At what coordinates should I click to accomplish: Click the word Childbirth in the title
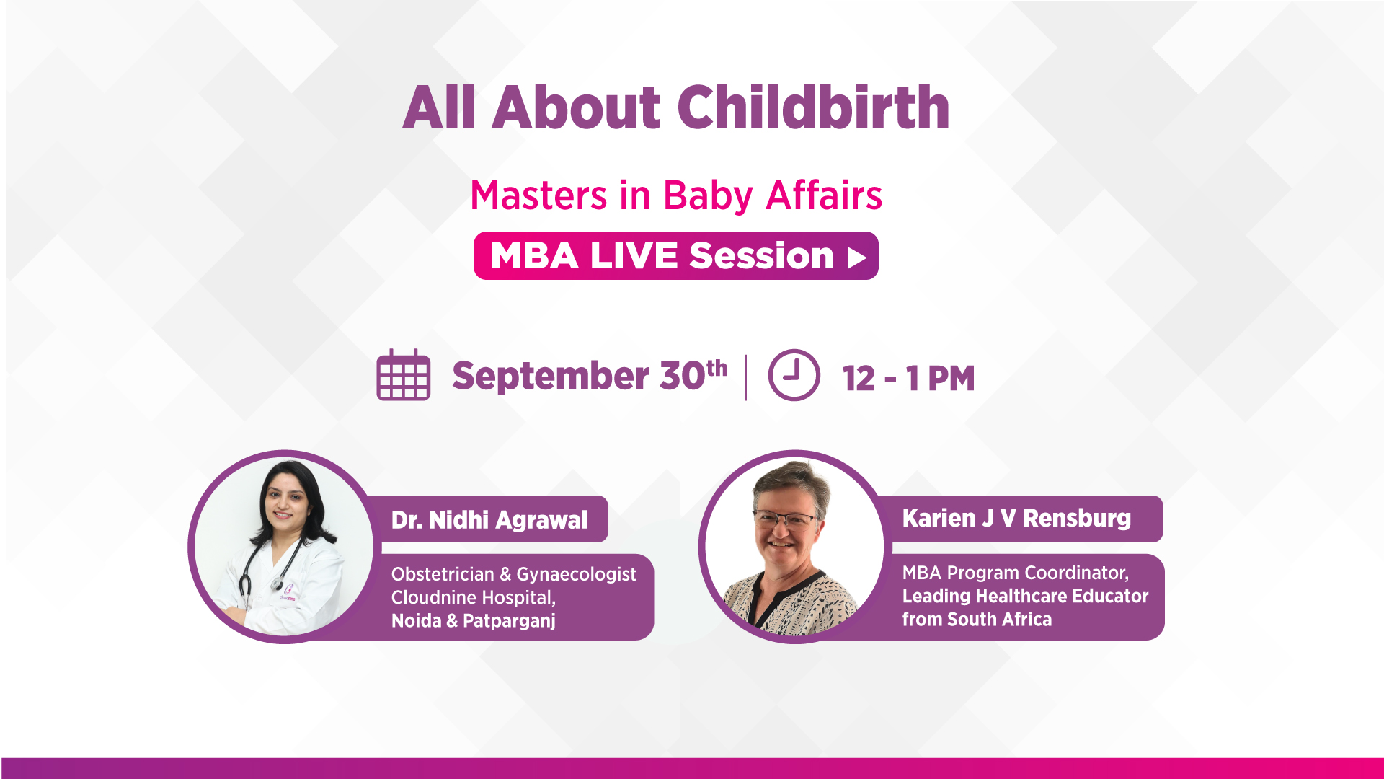[x=813, y=108]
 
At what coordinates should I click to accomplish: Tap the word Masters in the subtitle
[x=539, y=196]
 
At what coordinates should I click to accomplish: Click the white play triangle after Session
[x=856, y=258]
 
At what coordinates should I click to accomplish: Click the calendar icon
[x=404, y=376]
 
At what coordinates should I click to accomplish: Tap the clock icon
[x=794, y=375]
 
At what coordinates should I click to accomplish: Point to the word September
[x=551, y=376]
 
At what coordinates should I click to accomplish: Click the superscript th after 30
[x=717, y=368]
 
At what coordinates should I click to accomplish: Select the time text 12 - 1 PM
[x=908, y=379]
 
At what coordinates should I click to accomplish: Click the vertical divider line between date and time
[x=745, y=377]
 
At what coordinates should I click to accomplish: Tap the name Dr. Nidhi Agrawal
[x=489, y=520]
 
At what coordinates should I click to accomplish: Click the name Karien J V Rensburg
[x=1016, y=518]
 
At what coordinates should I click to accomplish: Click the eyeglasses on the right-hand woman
[x=786, y=519]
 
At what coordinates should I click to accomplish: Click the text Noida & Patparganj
[x=473, y=621]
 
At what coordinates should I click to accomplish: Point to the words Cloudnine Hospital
[x=473, y=598]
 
